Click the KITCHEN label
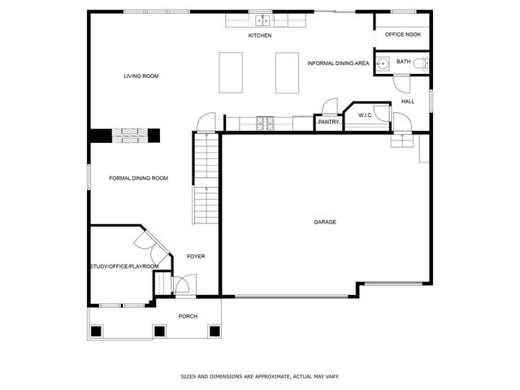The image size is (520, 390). click(x=260, y=36)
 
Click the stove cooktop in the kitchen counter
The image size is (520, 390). click(x=265, y=123)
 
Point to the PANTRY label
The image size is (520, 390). click(x=328, y=122)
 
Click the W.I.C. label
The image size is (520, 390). click(x=366, y=115)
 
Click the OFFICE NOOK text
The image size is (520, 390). click(x=403, y=34)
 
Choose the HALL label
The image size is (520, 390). click(x=408, y=102)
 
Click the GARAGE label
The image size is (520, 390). click(x=325, y=222)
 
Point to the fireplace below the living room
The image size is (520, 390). click(x=126, y=136)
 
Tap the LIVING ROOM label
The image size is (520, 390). click(x=141, y=76)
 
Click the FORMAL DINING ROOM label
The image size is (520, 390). click(x=138, y=178)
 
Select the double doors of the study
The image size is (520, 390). click(x=151, y=246)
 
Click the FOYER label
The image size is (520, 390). click(x=196, y=257)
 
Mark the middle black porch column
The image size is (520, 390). click(x=159, y=331)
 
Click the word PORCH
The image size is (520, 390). click(x=188, y=316)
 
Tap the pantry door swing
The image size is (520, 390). click(x=329, y=106)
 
